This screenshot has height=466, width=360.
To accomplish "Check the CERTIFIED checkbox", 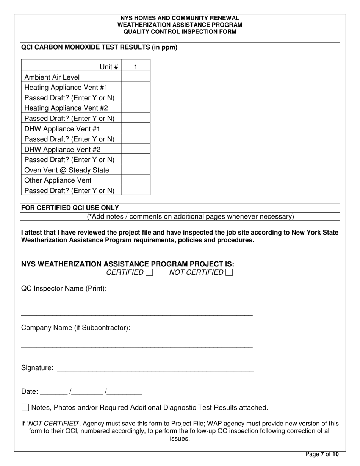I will (149, 272).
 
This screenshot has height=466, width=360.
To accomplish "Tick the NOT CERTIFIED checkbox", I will (229, 272).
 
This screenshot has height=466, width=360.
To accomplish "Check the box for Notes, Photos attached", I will (25, 408).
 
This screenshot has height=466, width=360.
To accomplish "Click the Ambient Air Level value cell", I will (136, 77).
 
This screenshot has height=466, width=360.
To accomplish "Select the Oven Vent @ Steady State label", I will (67, 170).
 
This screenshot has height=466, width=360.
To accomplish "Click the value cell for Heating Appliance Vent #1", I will (136, 88).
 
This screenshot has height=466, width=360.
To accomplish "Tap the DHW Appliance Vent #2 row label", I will (63, 150).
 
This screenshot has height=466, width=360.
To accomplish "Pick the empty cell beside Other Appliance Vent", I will (136, 180).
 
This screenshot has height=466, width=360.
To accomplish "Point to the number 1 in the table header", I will (136, 67).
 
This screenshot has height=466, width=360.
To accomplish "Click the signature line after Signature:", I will (155, 369).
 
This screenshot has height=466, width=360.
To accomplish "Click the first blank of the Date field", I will (53, 393).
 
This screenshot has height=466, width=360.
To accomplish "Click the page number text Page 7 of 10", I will (322, 454).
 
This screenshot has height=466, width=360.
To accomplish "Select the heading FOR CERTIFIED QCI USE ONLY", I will (70, 208).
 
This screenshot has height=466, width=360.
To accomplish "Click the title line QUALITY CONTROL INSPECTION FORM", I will (180, 31).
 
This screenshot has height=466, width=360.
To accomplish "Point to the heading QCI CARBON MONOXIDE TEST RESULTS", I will (99, 47).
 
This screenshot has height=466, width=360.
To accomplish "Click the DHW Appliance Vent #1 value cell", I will (136, 129).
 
